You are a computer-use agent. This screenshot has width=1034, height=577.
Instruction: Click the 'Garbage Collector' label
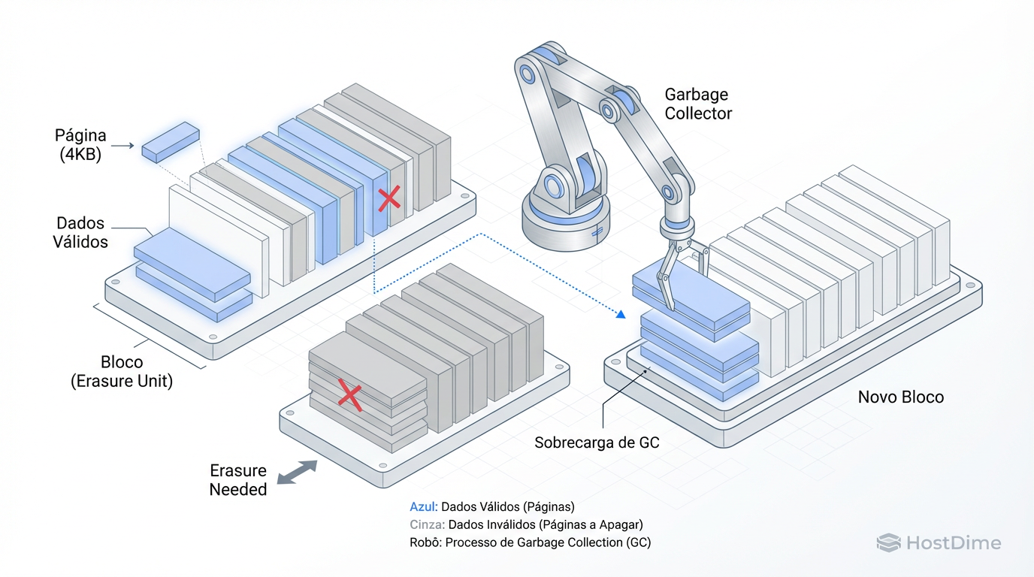coord(698,104)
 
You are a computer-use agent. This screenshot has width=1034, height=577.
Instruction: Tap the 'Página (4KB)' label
coord(80,146)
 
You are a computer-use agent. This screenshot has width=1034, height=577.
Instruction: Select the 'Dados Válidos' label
coord(80,233)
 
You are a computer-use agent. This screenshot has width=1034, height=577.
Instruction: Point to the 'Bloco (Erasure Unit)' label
coord(122,370)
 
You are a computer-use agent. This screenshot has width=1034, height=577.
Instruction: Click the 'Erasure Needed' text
coord(238,480)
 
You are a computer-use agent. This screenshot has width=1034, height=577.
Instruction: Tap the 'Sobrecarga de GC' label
coord(597,443)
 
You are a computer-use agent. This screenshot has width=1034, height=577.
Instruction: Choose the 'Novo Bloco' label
coord(900,397)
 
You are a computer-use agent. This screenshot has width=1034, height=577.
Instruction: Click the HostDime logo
coord(939,543)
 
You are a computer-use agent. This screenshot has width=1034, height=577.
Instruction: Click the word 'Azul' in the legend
coord(422,507)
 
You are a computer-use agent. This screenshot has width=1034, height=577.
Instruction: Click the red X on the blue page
coord(389,199)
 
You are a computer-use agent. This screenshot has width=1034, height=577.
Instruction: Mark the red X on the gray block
coord(349,395)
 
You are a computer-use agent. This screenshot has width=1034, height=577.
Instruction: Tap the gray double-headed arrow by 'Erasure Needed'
coord(297,473)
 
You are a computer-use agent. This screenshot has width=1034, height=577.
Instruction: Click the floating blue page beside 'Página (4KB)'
coord(171,141)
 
